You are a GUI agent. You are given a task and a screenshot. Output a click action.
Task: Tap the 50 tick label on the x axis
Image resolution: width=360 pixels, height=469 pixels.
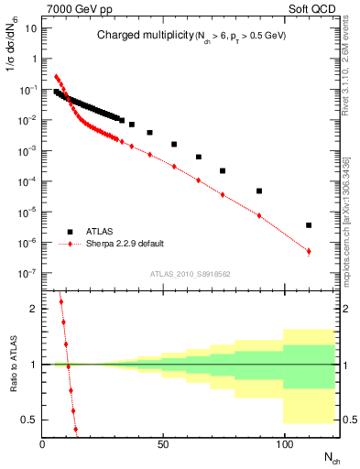(x=163, y=444)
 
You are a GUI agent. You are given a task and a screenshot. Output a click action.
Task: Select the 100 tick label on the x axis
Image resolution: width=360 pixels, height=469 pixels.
(x=284, y=444)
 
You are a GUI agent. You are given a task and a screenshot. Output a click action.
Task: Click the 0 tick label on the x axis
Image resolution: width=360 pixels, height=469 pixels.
(x=42, y=444)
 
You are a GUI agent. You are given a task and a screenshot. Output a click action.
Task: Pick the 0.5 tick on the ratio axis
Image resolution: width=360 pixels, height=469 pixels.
(x=29, y=420)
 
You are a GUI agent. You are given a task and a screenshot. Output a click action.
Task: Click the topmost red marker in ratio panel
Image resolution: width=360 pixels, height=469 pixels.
(x=60, y=301)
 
